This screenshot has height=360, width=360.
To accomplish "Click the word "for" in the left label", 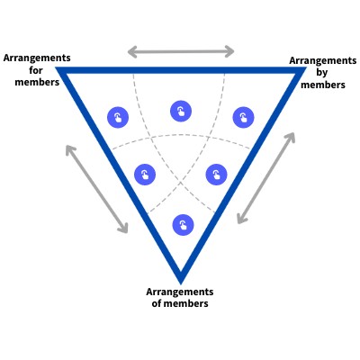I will coord(36,69).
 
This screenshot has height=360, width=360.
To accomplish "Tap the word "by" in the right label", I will coord(321,73).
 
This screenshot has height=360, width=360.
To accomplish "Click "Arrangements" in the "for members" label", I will coord(36,58).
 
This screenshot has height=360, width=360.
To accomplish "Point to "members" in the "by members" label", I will coord(321,85).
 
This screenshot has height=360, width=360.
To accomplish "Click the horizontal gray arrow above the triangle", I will coord(180,50).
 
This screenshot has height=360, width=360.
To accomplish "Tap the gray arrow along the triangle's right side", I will coord(265,177).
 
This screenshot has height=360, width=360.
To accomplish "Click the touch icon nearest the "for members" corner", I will coord(118,118).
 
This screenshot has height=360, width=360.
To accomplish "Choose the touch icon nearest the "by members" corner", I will coord(243,118).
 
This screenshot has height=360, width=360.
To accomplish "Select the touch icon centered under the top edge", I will coord(181,112).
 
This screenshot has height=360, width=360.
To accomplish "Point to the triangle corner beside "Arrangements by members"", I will coord(298,70).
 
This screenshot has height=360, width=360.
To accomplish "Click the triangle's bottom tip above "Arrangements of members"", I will coord(180,277).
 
